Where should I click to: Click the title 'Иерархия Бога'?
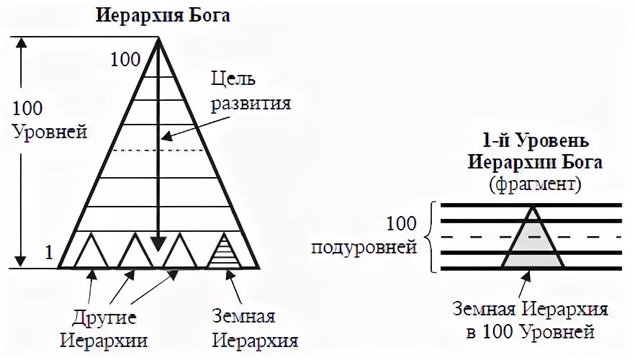click(163, 15)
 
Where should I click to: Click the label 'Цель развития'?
click(250, 90)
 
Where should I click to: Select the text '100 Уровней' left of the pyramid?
click(50, 120)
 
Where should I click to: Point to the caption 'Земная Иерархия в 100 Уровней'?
click(531, 321)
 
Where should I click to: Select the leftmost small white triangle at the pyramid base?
click(91, 253)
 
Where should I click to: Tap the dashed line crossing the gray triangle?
click(533, 236)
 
